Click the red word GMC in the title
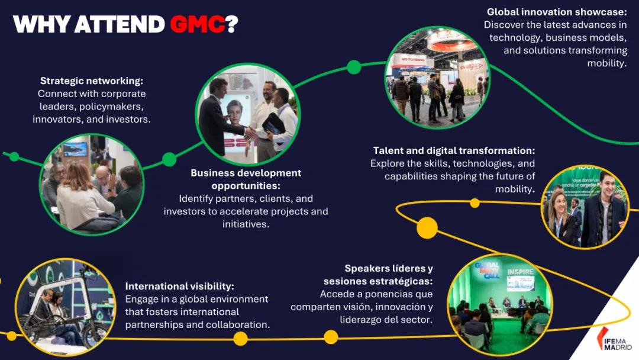pos(197,24)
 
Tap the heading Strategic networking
pos(92,81)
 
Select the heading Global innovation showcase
pos(557,12)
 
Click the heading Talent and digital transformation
pos(454,151)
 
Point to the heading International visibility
pos(180,287)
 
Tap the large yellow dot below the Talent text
pos(427,228)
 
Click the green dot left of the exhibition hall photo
pos(354,67)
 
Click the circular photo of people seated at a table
pos(91,184)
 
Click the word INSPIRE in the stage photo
pos(520,273)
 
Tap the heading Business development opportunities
pos(246,179)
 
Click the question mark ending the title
pos(231,24)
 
